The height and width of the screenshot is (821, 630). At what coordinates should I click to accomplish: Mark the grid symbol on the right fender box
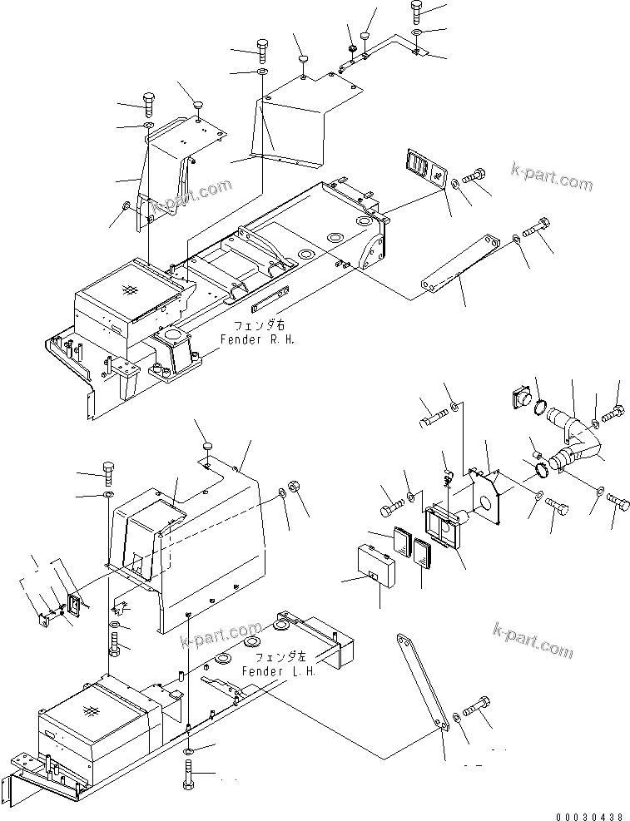[128, 289]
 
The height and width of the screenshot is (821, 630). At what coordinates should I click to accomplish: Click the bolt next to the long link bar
[477, 710]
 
